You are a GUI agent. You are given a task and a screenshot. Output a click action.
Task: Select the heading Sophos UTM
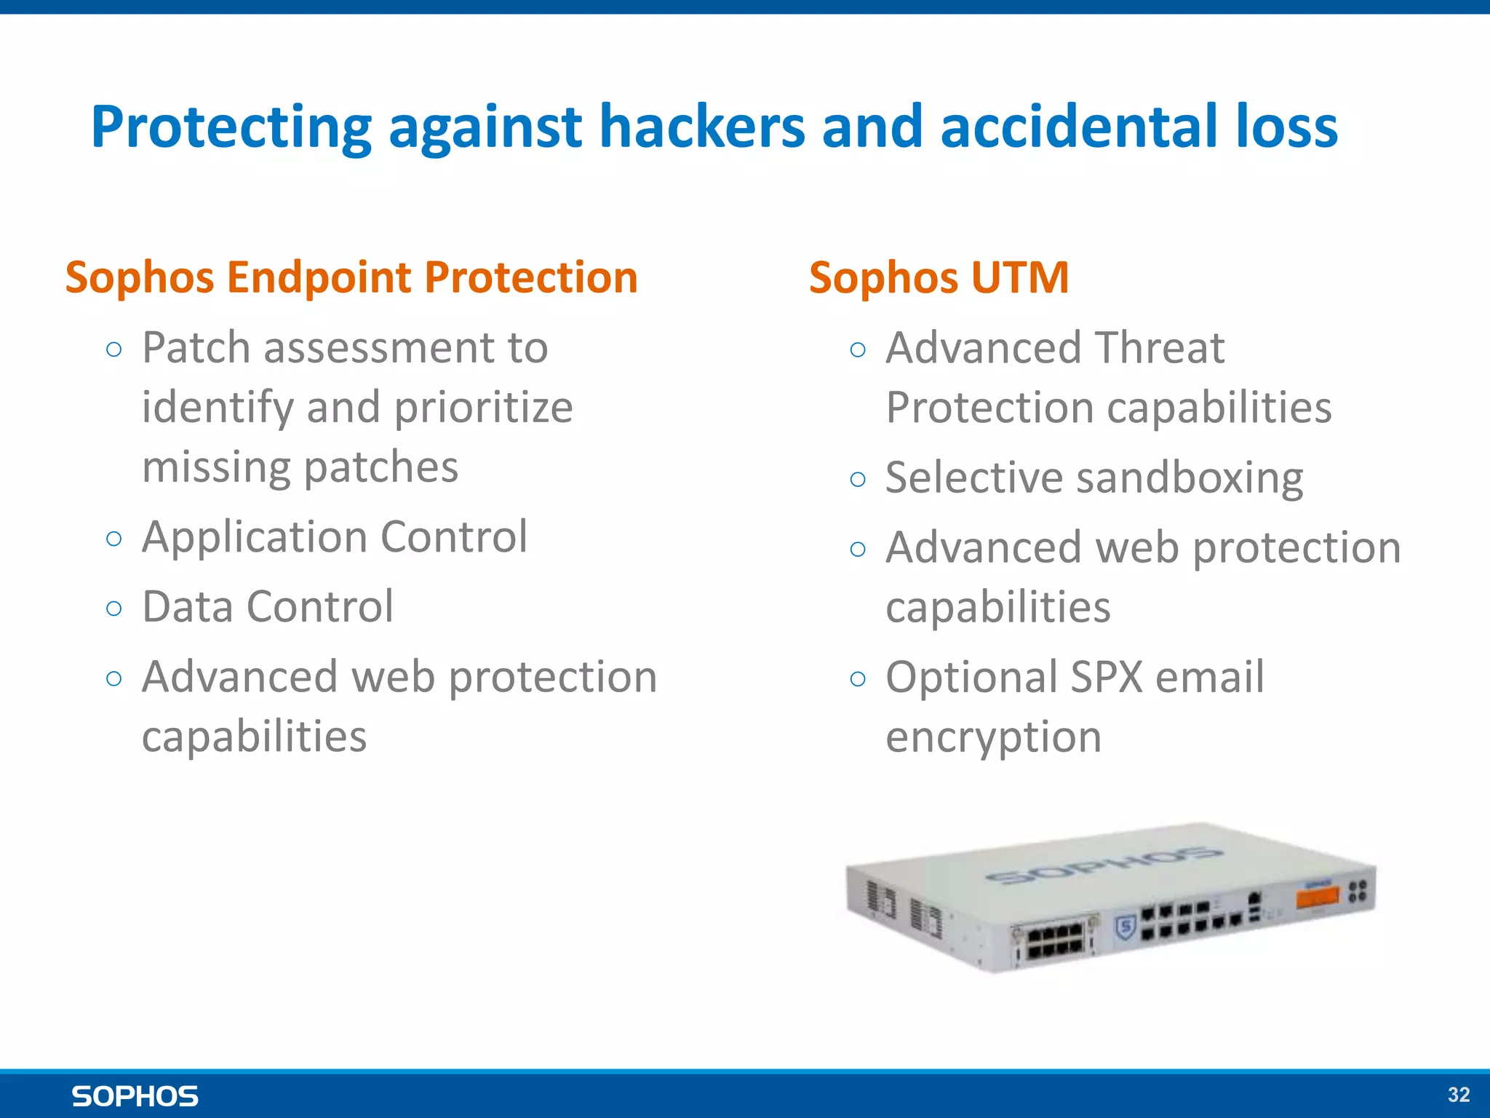tap(939, 278)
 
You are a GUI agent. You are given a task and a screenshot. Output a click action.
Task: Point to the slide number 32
tap(1459, 1095)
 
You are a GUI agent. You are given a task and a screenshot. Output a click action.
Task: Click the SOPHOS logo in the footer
tap(135, 1096)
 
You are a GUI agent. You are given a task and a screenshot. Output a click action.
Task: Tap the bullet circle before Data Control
tap(113, 608)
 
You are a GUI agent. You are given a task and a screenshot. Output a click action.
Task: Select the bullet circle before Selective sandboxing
tap(858, 479)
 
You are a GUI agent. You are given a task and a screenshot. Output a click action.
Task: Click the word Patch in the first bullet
tap(195, 348)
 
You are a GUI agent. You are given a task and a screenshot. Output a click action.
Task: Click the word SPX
tap(1106, 677)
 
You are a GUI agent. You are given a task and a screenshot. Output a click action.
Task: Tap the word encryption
tap(993, 737)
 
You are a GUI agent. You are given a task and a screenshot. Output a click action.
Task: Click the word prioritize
tap(483, 408)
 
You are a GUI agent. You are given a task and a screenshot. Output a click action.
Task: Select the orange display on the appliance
tap(1317, 897)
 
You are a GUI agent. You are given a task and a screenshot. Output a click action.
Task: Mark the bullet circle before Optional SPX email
tap(858, 679)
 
